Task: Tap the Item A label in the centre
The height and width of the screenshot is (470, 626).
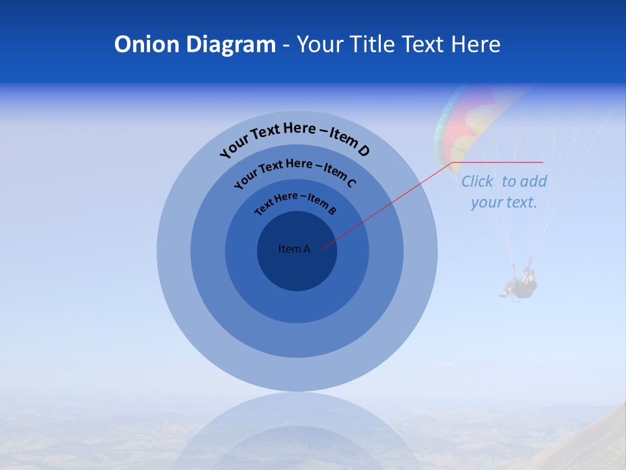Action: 294,249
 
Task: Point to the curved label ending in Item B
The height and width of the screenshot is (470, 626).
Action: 295,201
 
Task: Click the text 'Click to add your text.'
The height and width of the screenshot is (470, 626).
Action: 503,191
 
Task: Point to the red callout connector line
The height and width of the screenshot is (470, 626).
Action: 391,203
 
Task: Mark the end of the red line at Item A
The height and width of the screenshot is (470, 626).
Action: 322,249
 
